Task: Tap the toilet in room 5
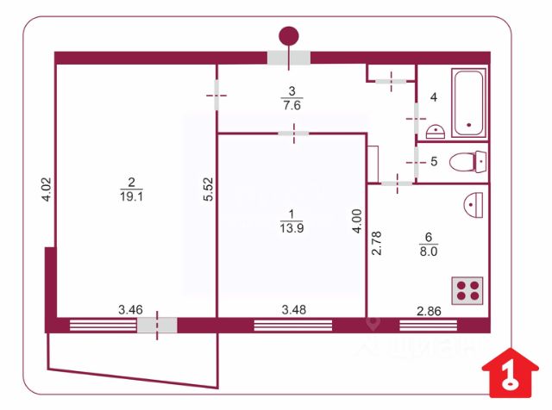pyautogui.click(x=469, y=161)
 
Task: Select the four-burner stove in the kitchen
pyautogui.click(x=468, y=290)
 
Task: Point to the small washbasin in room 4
pyautogui.click(x=436, y=132)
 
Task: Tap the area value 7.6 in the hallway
pyautogui.click(x=292, y=105)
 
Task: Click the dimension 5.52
pyautogui.click(x=208, y=189)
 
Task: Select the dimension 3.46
pyautogui.click(x=130, y=308)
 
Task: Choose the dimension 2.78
pyautogui.click(x=376, y=245)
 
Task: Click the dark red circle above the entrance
pyautogui.click(x=288, y=35)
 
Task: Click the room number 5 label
pyautogui.click(x=434, y=161)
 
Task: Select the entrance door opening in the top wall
pyautogui.click(x=288, y=58)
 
